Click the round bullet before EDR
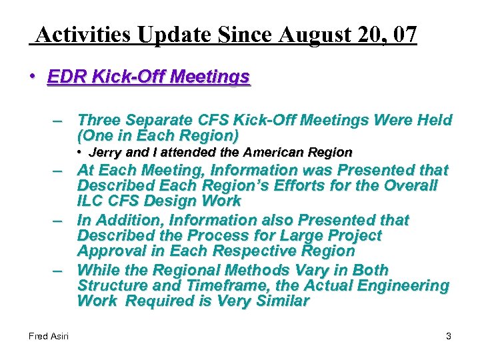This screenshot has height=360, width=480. coord(32,77)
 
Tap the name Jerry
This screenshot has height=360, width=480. coord(106,153)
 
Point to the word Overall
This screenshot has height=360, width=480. coord(408,185)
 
